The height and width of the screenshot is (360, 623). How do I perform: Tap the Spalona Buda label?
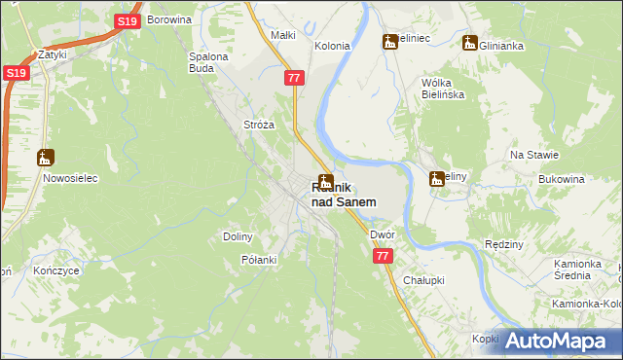click(x=207, y=62)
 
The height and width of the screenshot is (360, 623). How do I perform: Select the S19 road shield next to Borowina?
click(x=127, y=21)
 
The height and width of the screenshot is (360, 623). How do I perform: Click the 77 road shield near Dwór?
click(x=383, y=255)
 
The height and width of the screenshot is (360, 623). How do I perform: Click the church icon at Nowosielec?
click(x=45, y=158)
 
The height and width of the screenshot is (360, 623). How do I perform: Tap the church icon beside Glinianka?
click(x=470, y=44)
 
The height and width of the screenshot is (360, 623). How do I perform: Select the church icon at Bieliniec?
click(x=390, y=42)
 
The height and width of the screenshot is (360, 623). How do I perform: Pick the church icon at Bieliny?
click(x=437, y=178)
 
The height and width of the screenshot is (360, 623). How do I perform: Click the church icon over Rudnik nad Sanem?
click(x=326, y=182)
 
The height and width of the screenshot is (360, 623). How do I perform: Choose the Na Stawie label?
click(x=533, y=155)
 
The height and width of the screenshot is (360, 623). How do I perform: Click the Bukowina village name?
click(x=562, y=180)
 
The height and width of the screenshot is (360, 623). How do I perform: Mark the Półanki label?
click(x=259, y=260)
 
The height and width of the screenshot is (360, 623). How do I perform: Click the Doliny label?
click(x=238, y=236)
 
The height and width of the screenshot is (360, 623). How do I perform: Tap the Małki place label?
click(x=282, y=35)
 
